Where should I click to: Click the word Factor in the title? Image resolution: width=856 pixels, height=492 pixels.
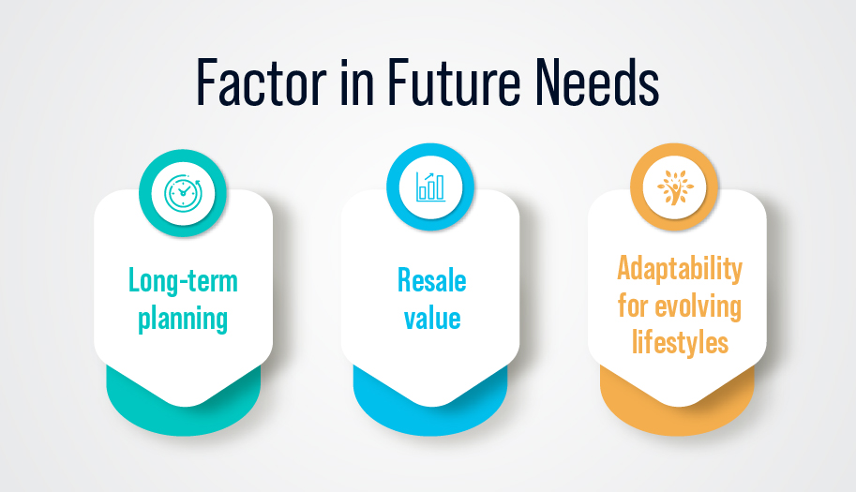click(262, 82)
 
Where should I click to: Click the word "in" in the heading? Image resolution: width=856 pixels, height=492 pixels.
click(357, 82)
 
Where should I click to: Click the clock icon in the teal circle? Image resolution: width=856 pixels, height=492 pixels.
click(183, 193)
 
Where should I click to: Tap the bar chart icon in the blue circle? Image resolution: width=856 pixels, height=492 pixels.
click(430, 187)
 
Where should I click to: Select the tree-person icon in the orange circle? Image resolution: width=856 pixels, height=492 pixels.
click(675, 187)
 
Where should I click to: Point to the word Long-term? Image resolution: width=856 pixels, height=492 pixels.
click(183, 281)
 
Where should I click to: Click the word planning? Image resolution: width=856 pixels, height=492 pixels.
click(183, 319)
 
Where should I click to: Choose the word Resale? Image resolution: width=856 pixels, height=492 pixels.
click(432, 280)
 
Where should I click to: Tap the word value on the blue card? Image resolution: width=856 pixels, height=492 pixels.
click(432, 318)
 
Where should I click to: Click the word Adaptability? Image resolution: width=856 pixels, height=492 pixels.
click(680, 269)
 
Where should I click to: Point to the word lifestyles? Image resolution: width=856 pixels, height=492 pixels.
click(681, 342)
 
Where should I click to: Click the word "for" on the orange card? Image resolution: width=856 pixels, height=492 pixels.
click(633, 306)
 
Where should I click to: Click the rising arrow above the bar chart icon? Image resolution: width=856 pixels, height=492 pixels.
click(429, 178)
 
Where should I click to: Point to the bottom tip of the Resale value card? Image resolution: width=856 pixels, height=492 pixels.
click(430, 407)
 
